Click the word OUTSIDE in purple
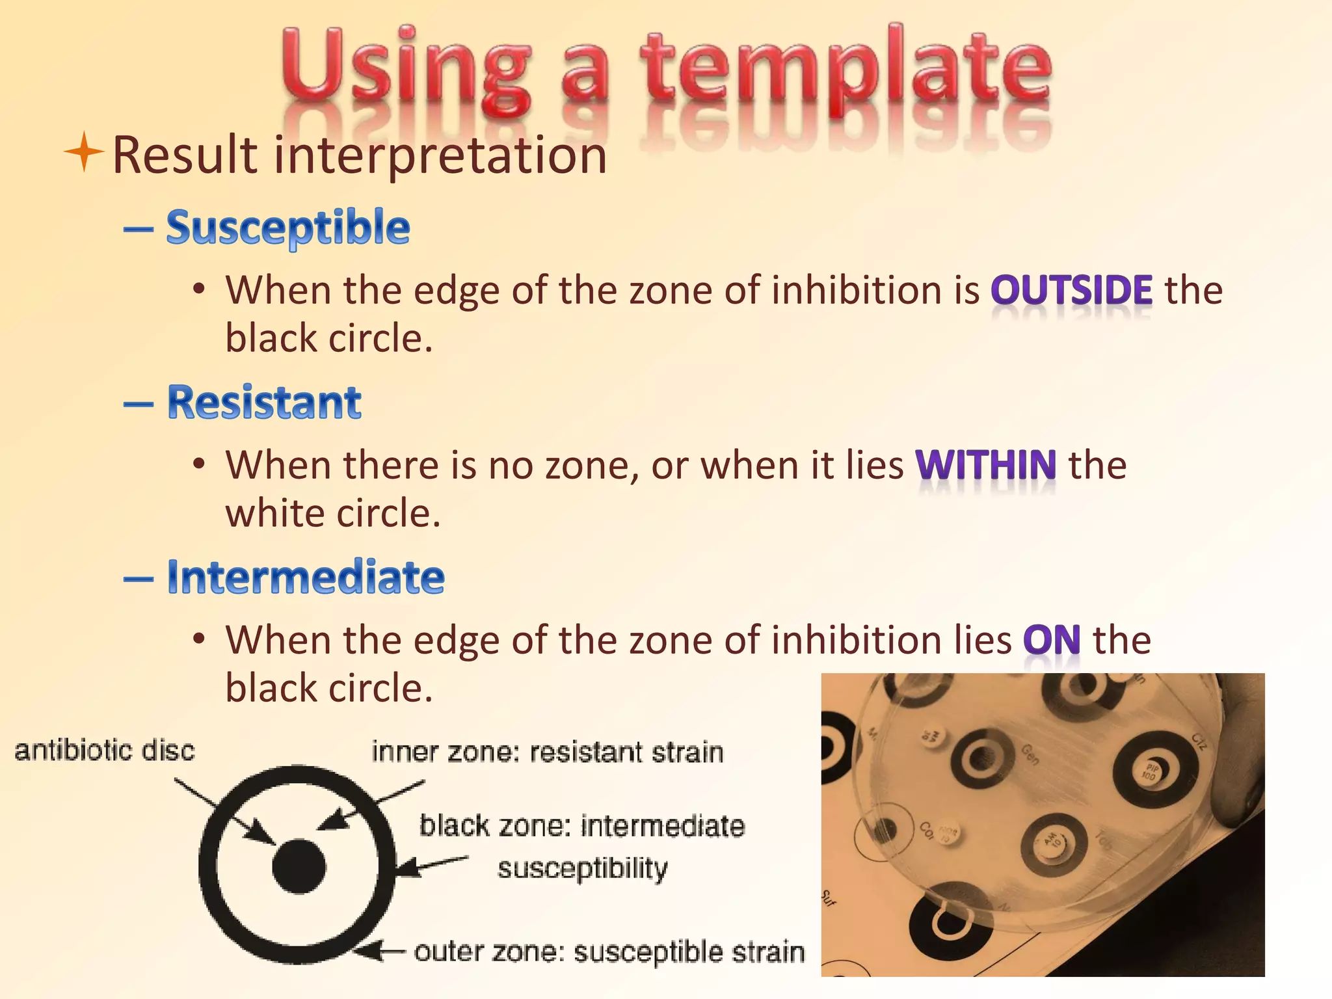pyautogui.click(x=1071, y=290)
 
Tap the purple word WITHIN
pyautogui.click(x=985, y=465)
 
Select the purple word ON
pyautogui.click(x=1052, y=640)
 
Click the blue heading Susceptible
pyautogui.click(x=288, y=228)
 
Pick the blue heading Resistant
pyautogui.click(x=264, y=403)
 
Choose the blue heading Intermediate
pyautogui.click(x=306, y=577)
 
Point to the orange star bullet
pyautogui.click(x=84, y=152)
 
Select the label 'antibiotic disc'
pyautogui.click(x=105, y=751)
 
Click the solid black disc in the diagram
pyautogui.click(x=299, y=866)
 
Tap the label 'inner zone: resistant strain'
pyautogui.click(x=547, y=753)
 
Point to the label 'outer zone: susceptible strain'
pyautogui.click(x=609, y=952)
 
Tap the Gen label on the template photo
pyautogui.click(x=1030, y=755)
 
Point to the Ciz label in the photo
pyautogui.click(x=1198, y=741)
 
